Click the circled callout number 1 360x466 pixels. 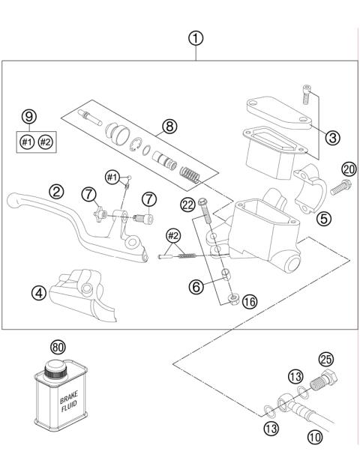tap(195, 37)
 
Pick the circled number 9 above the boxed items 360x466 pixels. tap(28, 117)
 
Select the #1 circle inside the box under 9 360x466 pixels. tap(27, 141)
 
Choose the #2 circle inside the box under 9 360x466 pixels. tap(46, 141)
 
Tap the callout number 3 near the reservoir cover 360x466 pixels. tap(333, 137)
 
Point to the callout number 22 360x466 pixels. tap(188, 203)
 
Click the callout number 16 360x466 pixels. tap(250, 301)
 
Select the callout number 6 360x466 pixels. tap(196, 285)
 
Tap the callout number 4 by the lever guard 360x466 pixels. tap(38, 293)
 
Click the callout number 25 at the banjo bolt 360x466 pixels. tap(325, 359)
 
